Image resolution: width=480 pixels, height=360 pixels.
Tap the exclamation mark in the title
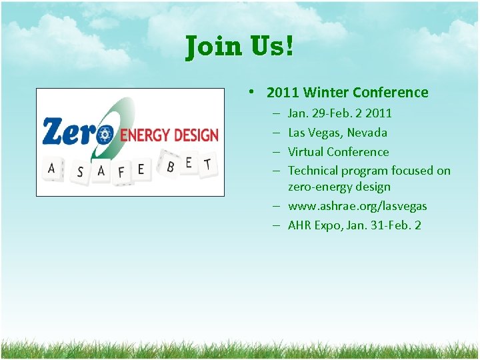289,47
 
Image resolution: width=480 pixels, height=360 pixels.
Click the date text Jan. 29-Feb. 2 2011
339,113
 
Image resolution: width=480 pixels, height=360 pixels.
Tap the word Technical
313,171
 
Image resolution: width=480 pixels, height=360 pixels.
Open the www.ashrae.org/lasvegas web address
357,206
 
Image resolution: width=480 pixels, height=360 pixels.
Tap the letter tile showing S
80,173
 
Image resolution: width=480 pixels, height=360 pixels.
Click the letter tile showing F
121,172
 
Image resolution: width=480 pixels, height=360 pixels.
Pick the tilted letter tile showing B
171,167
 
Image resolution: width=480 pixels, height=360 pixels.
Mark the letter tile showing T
207,164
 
